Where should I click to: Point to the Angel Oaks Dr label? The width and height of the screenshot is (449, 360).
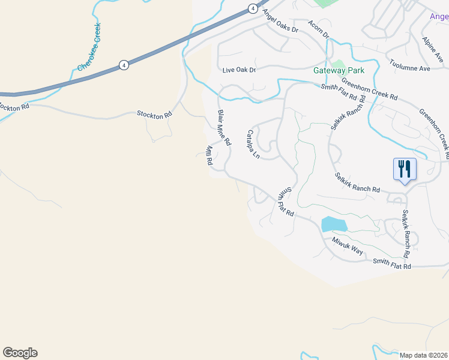coord(276,25)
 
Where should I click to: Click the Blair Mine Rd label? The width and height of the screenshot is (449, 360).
coord(224,128)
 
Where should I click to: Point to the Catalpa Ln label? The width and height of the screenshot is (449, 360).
coord(253,144)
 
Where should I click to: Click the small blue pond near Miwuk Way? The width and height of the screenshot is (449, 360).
coord(334,224)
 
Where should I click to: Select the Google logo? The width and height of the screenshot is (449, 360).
coord(20,353)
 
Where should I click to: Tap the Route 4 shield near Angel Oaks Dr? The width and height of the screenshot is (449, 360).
coord(253,8)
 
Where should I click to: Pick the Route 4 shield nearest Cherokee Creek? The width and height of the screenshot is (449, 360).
coord(124,65)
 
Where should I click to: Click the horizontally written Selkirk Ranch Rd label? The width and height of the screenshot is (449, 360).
coord(358,182)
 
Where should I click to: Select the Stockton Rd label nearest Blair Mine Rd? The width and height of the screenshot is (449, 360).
coord(155,114)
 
